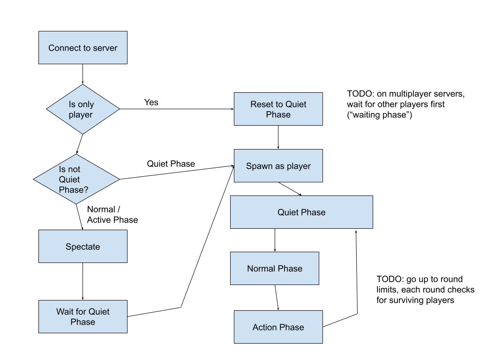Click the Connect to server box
pyautogui.click(x=82, y=47)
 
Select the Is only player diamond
pyautogui.click(x=82, y=109)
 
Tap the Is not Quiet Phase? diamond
pyautogui.click(x=76, y=179)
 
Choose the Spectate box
pyautogui.click(x=82, y=246)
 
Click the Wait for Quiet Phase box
pyautogui.click(x=82, y=316)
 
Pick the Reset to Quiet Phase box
pyautogui.click(x=278, y=109)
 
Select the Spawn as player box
pyautogui.click(x=278, y=165)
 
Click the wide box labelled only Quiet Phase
pyautogui.click(x=301, y=212)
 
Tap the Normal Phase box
pyautogui.click(x=274, y=268)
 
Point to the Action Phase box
pyautogui.click(x=278, y=327)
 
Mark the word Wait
pyautogui.click(x=65, y=312)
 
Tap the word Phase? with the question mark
pyautogui.click(x=74, y=190)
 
